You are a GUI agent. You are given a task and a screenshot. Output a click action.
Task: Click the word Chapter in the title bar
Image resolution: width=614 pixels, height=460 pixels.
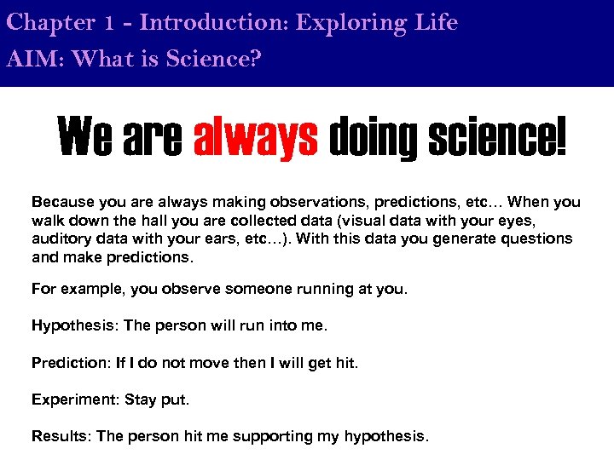pos(49,23)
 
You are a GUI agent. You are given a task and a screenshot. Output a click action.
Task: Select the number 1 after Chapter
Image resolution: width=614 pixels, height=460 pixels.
pos(109,24)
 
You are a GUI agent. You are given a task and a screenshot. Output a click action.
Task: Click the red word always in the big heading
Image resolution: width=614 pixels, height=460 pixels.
pos(256,138)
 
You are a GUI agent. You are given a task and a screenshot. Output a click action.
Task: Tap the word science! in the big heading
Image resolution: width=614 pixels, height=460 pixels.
pos(493,138)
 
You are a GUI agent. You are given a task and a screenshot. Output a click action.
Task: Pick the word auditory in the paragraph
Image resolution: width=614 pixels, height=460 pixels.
pos(60,239)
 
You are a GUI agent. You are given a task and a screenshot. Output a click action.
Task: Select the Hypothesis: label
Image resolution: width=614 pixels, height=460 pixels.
pos(68,326)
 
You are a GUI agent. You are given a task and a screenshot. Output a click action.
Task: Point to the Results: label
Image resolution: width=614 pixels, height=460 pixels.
pos(61,437)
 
